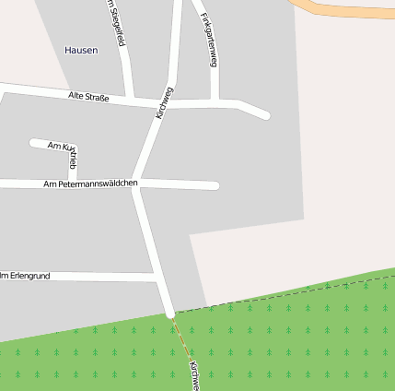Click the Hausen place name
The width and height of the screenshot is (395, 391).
[81, 50]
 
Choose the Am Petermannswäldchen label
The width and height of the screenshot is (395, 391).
[90, 184]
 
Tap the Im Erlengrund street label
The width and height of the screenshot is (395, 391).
[26, 275]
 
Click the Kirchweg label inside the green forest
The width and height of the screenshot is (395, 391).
[192, 373]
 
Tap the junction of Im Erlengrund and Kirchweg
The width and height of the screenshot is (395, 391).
[157, 277]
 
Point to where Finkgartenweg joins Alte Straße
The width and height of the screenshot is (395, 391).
[215, 102]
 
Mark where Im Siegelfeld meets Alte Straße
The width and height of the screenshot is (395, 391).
[134, 99]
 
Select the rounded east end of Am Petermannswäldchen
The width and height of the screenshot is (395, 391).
[215, 185]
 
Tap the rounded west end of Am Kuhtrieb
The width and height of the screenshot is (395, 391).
[34, 143]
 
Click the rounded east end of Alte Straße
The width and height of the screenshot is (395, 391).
[266, 115]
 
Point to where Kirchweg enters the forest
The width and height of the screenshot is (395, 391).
[170, 314]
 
